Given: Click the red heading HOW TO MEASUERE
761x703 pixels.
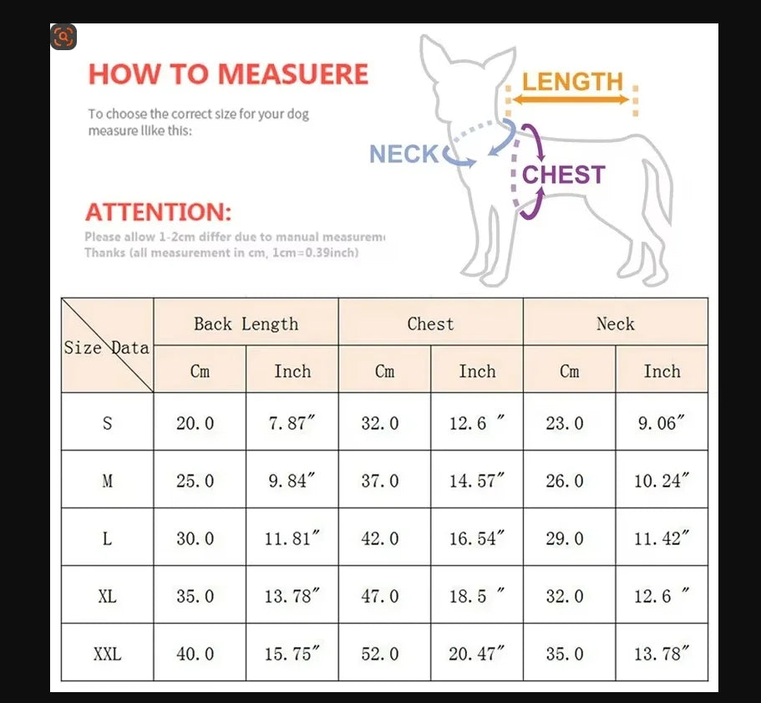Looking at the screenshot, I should click(x=228, y=74).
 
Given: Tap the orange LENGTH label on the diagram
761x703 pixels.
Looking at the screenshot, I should click(x=573, y=82).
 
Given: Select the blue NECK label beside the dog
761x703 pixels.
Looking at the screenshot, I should click(x=403, y=154).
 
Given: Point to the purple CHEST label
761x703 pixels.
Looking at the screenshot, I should click(x=563, y=175).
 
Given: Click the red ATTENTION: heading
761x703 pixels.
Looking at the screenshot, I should click(x=159, y=211).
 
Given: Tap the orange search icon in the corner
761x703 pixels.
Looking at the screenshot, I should click(x=63, y=37).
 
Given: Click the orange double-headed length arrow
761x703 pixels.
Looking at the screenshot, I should click(x=571, y=99).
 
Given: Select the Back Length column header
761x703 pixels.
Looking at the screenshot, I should click(x=246, y=323).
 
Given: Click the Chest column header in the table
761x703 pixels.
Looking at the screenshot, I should click(x=430, y=323).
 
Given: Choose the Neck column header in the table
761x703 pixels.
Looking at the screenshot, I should click(x=615, y=323).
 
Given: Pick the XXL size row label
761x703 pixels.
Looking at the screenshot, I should click(x=107, y=654).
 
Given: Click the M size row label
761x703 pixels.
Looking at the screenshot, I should click(x=107, y=481).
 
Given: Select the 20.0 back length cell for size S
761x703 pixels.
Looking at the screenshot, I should click(x=195, y=423).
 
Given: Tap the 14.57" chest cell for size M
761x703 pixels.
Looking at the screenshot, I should click(x=477, y=481).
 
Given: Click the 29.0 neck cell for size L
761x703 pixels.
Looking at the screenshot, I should click(x=565, y=538).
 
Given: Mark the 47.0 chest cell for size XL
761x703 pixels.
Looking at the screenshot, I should click(x=380, y=596).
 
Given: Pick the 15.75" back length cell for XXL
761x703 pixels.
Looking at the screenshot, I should click(x=292, y=654).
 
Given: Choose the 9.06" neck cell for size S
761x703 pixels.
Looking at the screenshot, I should click(x=662, y=423).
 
